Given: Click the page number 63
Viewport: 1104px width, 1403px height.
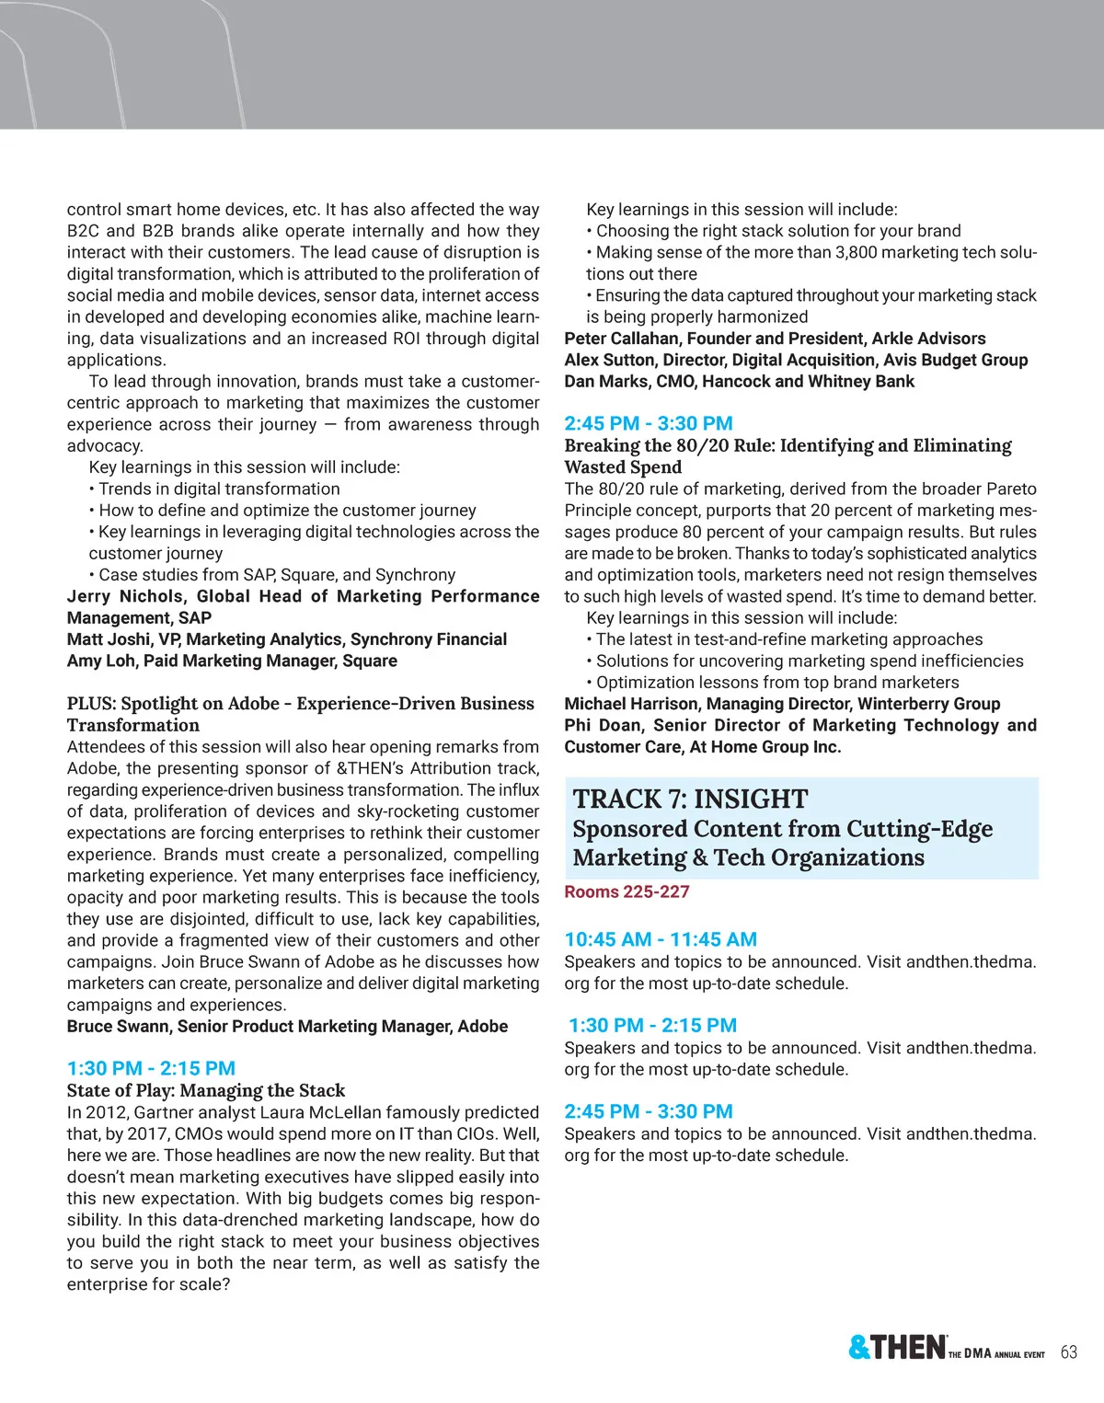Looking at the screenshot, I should click(x=1068, y=1351).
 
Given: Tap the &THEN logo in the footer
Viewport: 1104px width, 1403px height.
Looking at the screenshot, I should click(x=896, y=1348).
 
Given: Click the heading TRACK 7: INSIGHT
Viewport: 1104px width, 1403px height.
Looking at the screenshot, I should click(x=690, y=799).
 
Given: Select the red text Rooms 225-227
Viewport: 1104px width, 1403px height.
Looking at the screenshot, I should click(x=627, y=891).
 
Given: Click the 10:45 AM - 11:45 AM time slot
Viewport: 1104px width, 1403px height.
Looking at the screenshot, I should click(x=661, y=939).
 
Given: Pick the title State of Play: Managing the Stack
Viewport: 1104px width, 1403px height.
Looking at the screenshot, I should click(x=206, y=1090).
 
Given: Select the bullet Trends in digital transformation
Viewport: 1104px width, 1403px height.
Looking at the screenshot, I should click(x=219, y=489).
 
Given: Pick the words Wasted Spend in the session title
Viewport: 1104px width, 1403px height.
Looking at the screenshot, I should click(x=610, y=466).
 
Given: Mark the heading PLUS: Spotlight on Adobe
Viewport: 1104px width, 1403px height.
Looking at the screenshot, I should click(x=173, y=704).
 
